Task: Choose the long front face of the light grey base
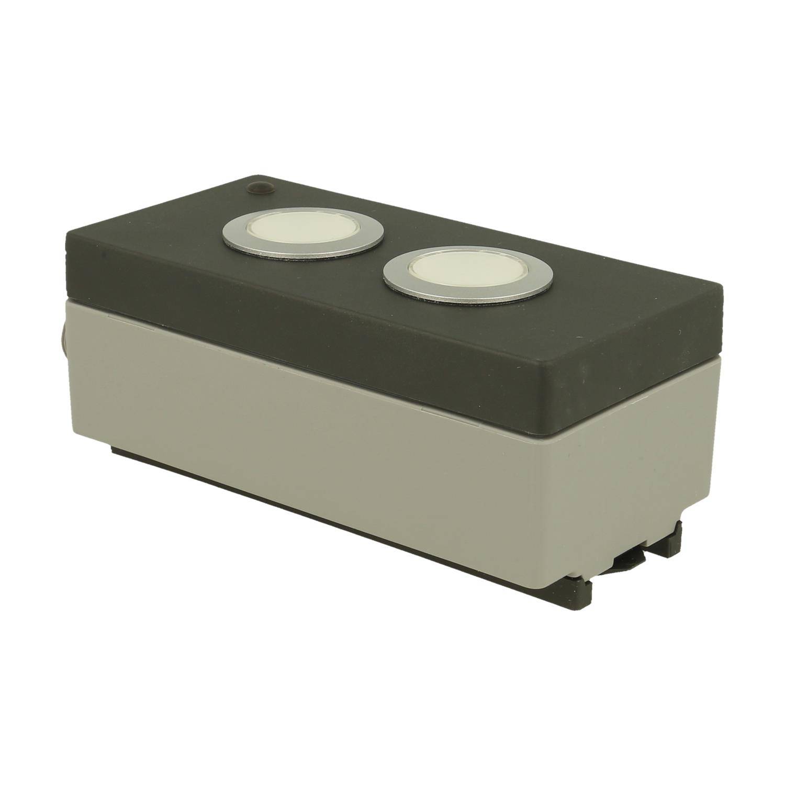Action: [x=324, y=471]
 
